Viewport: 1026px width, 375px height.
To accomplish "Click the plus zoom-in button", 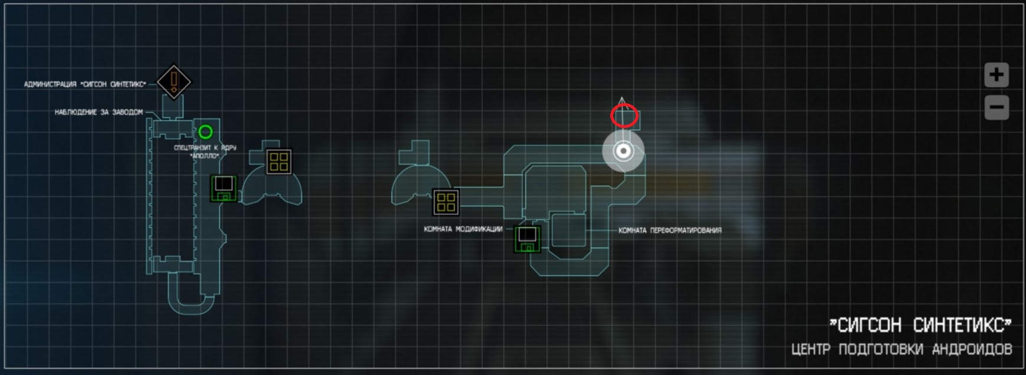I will pos(997,75).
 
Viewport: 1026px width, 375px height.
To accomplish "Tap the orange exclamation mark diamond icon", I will pos(174,81).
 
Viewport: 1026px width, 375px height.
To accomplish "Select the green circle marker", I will pos(205,131).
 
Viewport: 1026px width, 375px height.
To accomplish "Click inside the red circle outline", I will pos(624,116).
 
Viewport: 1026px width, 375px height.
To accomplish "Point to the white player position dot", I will pos(623,151).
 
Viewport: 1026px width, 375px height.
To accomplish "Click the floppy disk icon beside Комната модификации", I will pos(527,238).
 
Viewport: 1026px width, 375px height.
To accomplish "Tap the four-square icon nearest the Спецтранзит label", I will pos(278,161).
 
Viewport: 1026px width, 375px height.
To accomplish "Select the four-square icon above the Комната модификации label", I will pos(446,202).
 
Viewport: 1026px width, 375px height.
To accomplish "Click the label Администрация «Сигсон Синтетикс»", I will pos(85,84).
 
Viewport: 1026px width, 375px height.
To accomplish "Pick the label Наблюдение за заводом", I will pos(98,112).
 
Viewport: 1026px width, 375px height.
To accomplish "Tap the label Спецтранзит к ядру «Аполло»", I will pos(205,152).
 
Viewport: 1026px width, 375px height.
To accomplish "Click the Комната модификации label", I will pos(463,229).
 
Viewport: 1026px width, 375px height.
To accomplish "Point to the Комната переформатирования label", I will pos(670,231).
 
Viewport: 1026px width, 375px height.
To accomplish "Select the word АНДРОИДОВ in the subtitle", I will pos(972,350).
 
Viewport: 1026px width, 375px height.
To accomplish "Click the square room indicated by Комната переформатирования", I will pos(568,231).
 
